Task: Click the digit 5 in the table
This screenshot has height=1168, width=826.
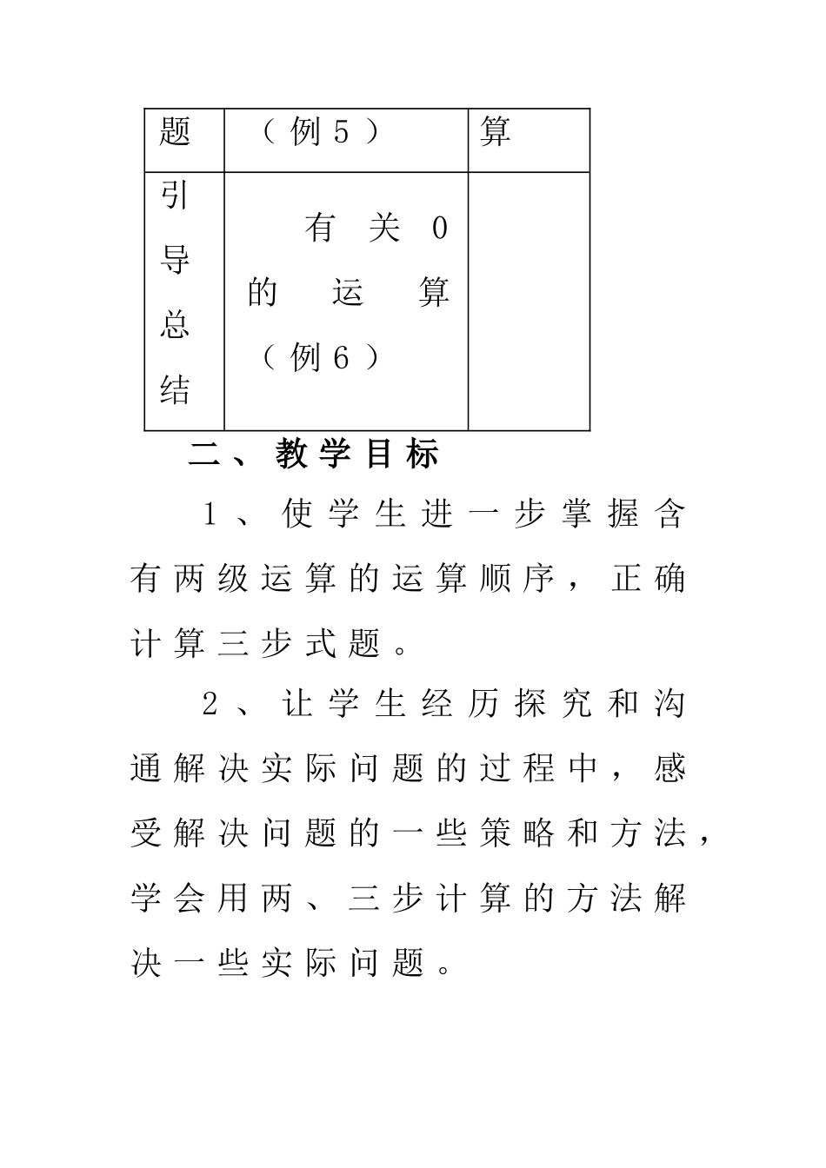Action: tap(341, 132)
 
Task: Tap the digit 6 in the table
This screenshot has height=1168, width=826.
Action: tap(341, 357)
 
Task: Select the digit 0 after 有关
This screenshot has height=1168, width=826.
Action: tap(439, 229)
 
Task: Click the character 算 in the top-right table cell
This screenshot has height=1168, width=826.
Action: tap(495, 132)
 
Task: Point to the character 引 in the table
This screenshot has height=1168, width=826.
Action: tap(175, 196)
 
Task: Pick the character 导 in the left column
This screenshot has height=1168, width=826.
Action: tap(175, 261)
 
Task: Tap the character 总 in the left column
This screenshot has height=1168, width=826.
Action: tap(175, 325)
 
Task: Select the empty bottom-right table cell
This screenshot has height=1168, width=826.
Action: tap(529, 301)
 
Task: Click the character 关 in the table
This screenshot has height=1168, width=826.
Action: tap(383, 229)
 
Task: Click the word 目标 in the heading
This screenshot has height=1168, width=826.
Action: tap(401, 455)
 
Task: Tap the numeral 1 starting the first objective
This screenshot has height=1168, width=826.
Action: tap(210, 514)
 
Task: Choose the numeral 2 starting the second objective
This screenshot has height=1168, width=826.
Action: tap(210, 704)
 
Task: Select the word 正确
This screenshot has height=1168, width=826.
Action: tap(649, 579)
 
